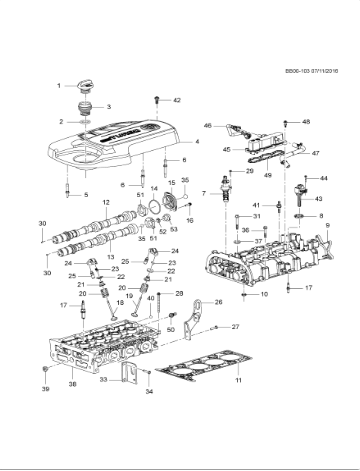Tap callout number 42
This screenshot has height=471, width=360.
click(x=177, y=101)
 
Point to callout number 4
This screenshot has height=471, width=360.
click(x=197, y=142)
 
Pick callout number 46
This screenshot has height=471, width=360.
click(x=207, y=126)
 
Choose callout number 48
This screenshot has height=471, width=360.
click(x=306, y=122)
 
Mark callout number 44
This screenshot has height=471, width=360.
click(x=324, y=177)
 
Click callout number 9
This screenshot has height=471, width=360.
click(x=329, y=228)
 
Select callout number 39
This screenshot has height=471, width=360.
click(x=45, y=385)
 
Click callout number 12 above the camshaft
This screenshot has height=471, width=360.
click(x=105, y=203)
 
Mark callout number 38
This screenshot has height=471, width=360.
click(x=71, y=384)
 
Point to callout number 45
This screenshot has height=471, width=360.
click(x=226, y=150)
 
